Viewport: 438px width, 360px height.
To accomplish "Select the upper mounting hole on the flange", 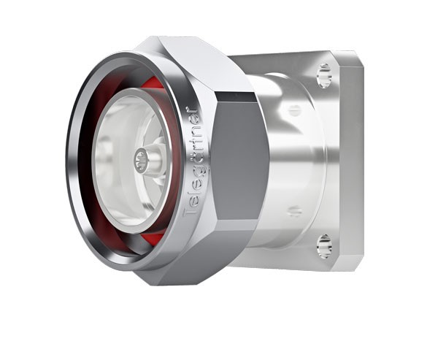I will click(x=323, y=75).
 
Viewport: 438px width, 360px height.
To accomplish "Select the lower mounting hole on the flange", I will click(x=323, y=246).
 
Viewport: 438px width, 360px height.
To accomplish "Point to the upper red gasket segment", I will click(x=154, y=83).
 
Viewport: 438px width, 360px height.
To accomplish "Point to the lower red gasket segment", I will click(x=151, y=238).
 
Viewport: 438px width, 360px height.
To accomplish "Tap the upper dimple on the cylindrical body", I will click(x=294, y=110).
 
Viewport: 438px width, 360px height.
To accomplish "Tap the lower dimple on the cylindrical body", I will click(x=294, y=211).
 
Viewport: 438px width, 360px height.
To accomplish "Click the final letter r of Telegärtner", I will click(x=192, y=112).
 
